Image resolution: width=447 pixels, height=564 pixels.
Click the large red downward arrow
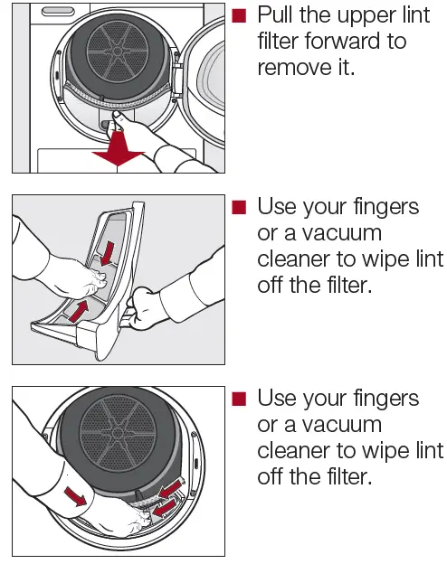point(119,149)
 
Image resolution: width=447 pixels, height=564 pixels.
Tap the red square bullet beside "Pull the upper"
point(239,16)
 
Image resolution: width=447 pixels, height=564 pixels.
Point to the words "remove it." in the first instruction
point(306,67)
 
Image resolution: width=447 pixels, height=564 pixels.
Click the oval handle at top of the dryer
point(58,12)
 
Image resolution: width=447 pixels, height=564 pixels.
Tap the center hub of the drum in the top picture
point(118,52)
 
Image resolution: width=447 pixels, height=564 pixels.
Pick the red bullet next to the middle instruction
point(239,208)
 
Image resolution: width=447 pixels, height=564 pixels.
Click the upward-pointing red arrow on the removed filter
point(79,312)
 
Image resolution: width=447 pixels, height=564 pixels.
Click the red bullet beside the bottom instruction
point(239,399)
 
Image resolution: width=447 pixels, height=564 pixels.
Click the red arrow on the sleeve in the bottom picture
point(76,495)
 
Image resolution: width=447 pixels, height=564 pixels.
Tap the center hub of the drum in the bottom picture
point(118,433)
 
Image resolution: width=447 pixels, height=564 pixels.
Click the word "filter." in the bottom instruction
point(349,476)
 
